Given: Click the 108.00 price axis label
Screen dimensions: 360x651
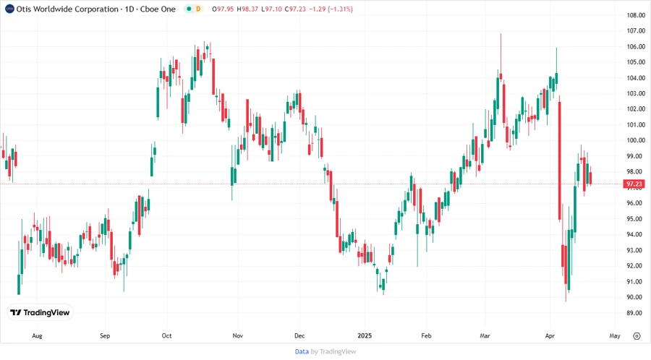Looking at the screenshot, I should click(636, 15).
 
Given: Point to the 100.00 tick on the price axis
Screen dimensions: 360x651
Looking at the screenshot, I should click(636, 140).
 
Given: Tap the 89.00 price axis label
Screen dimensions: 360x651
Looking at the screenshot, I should click(636, 313).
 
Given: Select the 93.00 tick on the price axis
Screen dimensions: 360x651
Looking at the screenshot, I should click(636, 250).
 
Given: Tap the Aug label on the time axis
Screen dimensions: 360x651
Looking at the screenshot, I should click(38, 336).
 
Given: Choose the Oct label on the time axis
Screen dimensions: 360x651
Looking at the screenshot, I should click(167, 336).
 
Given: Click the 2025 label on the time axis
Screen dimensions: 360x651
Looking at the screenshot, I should click(364, 336).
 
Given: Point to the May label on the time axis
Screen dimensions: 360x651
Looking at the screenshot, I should click(615, 336).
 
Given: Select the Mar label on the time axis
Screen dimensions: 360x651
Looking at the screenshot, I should click(485, 336).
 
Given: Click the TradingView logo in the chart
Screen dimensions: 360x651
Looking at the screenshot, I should click(40, 312).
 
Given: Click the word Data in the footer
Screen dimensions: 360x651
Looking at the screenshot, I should click(302, 351).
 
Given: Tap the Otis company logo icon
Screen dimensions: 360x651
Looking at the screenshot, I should click(9, 9).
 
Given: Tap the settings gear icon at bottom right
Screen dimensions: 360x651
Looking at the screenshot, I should click(637, 336).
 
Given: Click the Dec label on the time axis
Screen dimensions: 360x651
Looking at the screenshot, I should click(301, 336).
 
